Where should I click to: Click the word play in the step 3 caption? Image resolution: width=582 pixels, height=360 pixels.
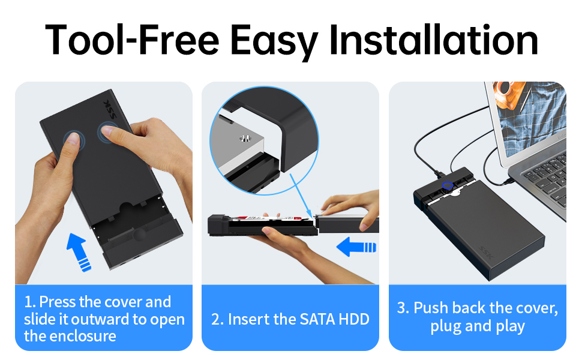click(510, 327)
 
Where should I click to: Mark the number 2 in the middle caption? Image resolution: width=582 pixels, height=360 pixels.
click(217, 319)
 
